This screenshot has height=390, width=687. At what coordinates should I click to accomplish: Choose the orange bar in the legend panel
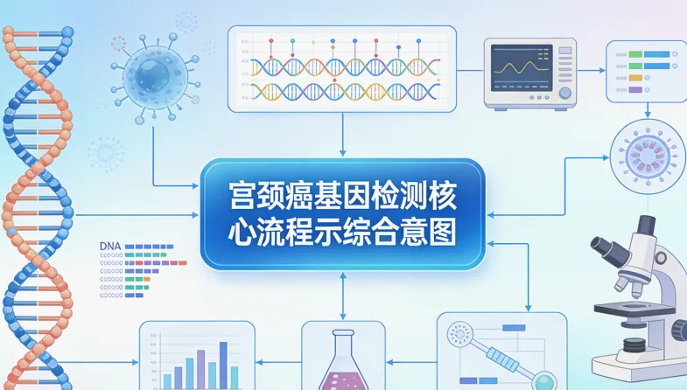(x=635, y=76)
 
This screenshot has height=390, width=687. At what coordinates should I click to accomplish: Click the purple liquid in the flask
(x=343, y=379)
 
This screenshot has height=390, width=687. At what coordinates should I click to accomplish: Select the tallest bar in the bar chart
(x=222, y=363)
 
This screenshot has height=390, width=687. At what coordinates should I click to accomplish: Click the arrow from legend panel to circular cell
(x=647, y=110)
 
